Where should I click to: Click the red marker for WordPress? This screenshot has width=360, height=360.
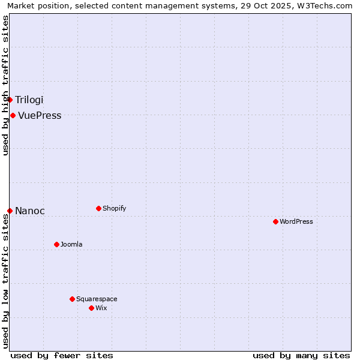click(x=275, y=221)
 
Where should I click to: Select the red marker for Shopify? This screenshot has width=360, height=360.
click(x=98, y=208)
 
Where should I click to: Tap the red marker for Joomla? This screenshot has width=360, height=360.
click(x=56, y=244)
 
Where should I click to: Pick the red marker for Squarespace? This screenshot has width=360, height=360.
click(x=72, y=299)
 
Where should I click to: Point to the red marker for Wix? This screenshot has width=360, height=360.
click(x=91, y=308)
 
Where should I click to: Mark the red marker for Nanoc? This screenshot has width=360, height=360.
click(x=10, y=211)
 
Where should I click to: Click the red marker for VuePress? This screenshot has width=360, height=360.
click(x=13, y=115)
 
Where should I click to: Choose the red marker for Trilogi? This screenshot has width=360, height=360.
click(x=10, y=100)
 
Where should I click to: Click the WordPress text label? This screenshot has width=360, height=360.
click(x=296, y=222)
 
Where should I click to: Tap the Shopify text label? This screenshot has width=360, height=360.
click(x=114, y=209)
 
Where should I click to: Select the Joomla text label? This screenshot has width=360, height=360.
click(x=71, y=245)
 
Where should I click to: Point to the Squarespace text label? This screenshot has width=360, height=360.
click(x=97, y=299)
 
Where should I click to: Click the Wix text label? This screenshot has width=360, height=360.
click(x=101, y=308)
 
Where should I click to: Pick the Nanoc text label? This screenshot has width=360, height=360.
click(x=30, y=211)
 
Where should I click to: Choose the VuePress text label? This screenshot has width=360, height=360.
click(x=40, y=116)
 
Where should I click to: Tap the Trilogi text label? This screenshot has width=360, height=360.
click(x=29, y=100)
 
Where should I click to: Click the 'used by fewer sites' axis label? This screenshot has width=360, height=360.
click(x=62, y=355)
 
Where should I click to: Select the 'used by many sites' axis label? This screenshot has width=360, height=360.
click(x=301, y=355)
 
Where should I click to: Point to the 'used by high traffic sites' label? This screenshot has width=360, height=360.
click(x=5, y=85)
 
